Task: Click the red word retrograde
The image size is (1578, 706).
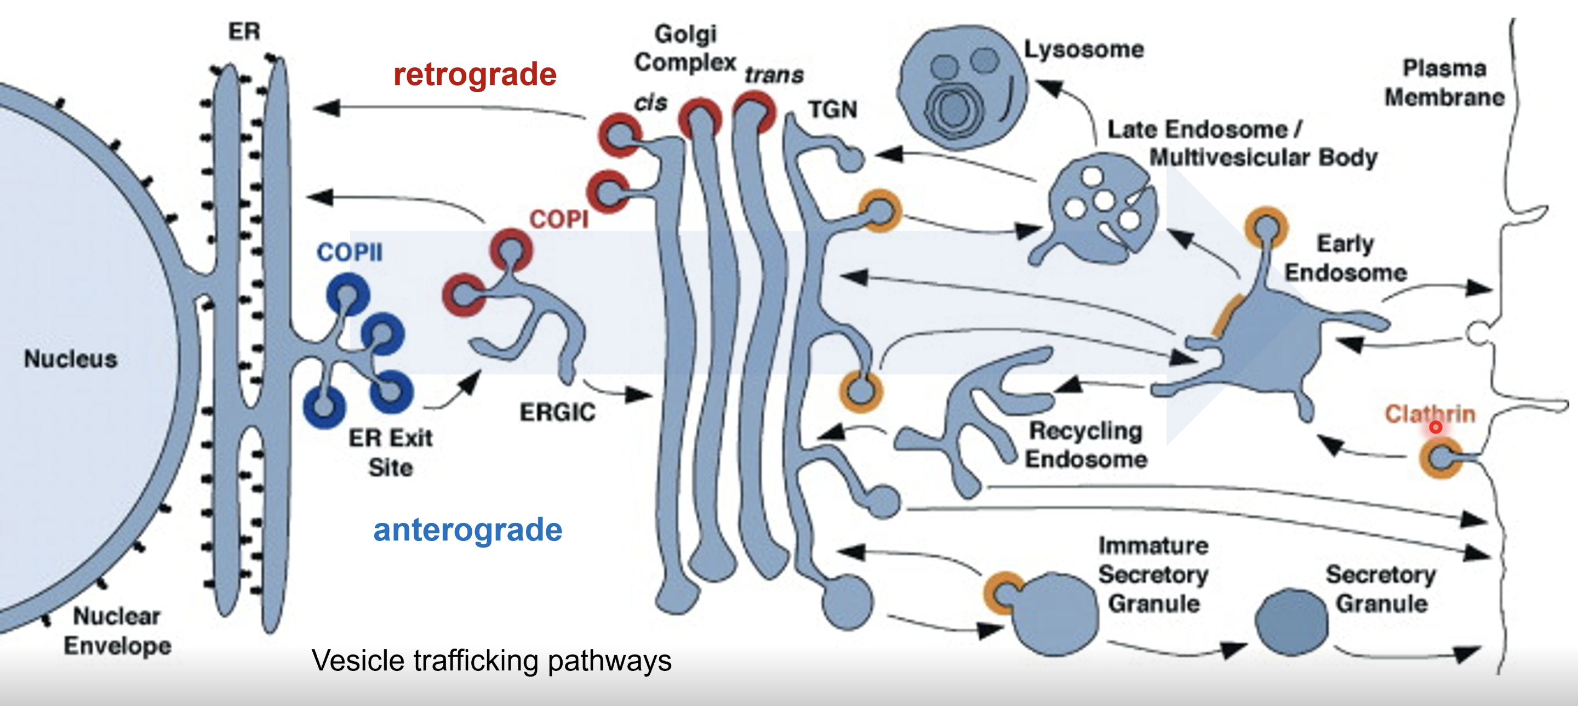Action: (474, 75)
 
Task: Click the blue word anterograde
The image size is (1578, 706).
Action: (467, 529)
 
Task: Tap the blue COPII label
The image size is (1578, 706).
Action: (349, 252)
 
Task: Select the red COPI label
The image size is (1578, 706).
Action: (558, 219)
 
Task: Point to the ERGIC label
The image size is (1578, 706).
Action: (557, 412)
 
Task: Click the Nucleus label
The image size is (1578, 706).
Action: (71, 358)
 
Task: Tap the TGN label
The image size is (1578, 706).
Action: (832, 110)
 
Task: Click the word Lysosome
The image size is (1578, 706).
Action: (1084, 49)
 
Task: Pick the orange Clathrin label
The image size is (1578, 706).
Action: (1430, 414)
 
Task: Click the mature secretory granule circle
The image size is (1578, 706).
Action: (1291, 622)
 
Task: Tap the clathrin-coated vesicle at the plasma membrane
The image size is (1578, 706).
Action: (1441, 457)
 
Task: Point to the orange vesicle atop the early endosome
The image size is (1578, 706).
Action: (1266, 227)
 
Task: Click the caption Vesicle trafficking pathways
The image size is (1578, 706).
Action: (491, 661)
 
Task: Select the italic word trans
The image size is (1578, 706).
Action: (774, 75)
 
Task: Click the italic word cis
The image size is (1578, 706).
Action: (650, 103)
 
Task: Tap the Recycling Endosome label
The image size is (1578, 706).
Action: (1085, 445)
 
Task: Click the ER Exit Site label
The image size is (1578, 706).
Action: (391, 452)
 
